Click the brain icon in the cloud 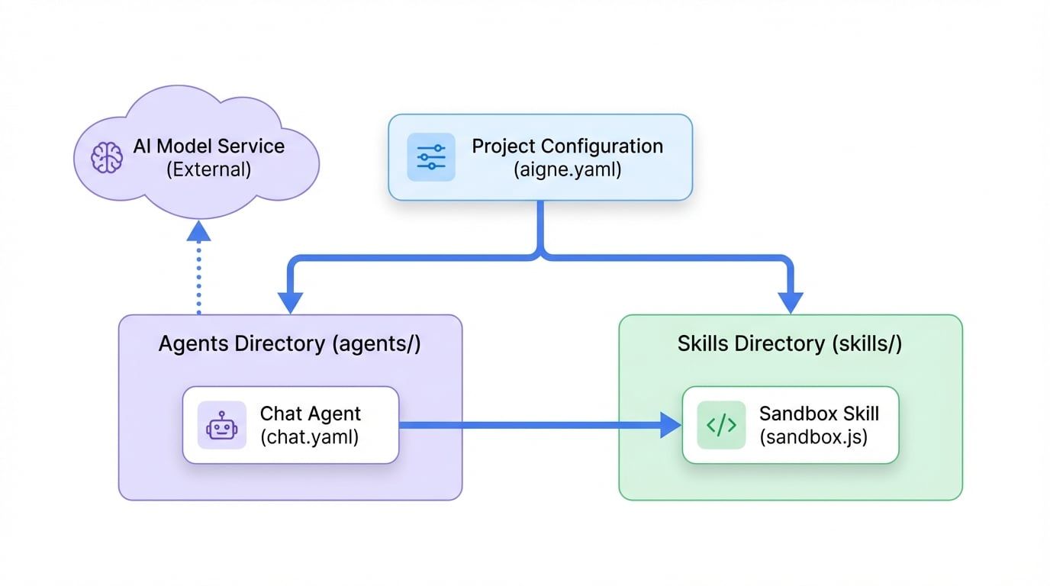pyautogui.click(x=106, y=157)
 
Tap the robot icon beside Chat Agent pyautogui.click(x=222, y=425)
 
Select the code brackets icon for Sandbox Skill pyautogui.click(x=721, y=425)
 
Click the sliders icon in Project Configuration pyautogui.click(x=431, y=157)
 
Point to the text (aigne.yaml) pyautogui.click(x=568, y=169)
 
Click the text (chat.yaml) pyautogui.click(x=309, y=438)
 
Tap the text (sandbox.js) pyautogui.click(x=813, y=438)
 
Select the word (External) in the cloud pyautogui.click(x=208, y=169)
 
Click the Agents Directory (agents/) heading pyautogui.click(x=289, y=343)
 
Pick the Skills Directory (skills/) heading pyautogui.click(x=790, y=343)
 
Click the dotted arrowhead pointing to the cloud pyautogui.click(x=198, y=229)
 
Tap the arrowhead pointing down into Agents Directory pyautogui.click(x=291, y=301)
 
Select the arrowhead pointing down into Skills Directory pyautogui.click(x=790, y=301)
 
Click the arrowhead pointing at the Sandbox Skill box pyautogui.click(x=669, y=425)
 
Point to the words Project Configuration pyautogui.click(x=567, y=146)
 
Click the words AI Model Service pyautogui.click(x=208, y=146)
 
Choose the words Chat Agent pyautogui.click(x=311, y=414)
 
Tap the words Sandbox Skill pyautogui.click(x=819, y=414)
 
